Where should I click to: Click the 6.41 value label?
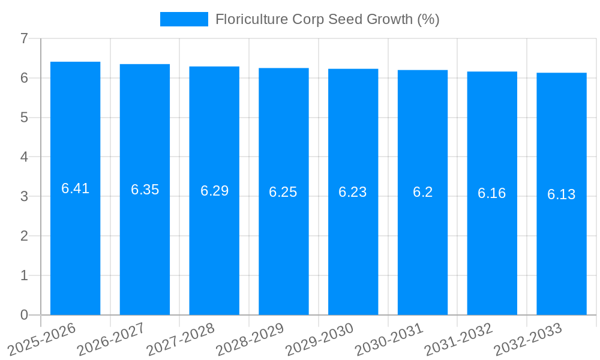click(76, 188)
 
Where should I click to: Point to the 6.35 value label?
click(145, 190)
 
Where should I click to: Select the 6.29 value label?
click(214, 191)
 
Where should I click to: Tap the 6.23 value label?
click(353, 192)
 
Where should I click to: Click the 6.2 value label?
click(422, 192)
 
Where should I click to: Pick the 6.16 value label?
click(492, 193)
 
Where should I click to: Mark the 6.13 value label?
click(562, 194)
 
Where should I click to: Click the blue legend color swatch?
click(184, 19)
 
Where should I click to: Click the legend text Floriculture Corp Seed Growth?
click(327, 19)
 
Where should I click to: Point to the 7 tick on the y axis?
click(24, 38)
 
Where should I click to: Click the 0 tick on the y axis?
click(24, 315)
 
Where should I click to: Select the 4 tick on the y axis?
click(24, 157)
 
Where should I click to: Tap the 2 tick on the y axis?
click(24, 236)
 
